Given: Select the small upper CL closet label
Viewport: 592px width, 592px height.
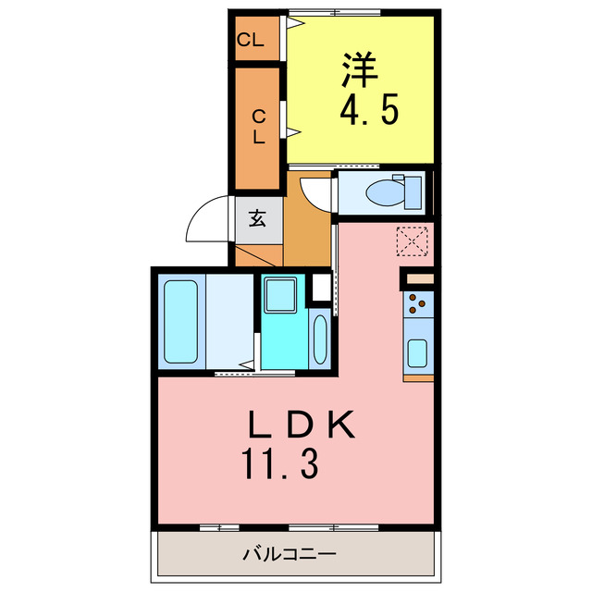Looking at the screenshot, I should coord(251,40).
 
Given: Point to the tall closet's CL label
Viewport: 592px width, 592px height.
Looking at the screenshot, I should coord(258,127).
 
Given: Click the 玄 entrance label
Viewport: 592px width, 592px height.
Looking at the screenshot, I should coord(256,220).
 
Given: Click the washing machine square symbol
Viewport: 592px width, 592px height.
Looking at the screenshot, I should coord(279,296).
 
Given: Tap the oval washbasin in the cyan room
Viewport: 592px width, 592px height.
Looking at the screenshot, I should coord(319,341).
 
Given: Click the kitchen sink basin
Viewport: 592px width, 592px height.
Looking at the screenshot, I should coord(417,354).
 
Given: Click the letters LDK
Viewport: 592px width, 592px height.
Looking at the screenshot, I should coord(300,426).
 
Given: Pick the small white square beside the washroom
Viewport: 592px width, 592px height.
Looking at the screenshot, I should coord(320,288).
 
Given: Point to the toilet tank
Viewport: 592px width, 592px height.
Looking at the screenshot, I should coord(413,193).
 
